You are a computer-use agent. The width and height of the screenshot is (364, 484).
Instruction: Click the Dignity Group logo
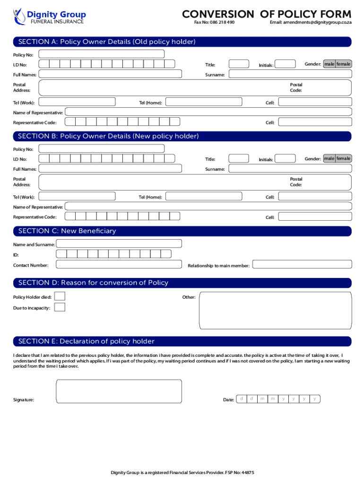(49, 16)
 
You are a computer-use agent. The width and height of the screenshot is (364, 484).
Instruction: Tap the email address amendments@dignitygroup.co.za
(311, 22)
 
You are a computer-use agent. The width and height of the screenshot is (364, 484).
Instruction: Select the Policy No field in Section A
(102, 54)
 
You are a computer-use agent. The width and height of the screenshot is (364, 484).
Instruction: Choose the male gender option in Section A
(329, 64)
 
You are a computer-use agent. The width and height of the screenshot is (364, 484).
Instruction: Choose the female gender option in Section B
(344, 158)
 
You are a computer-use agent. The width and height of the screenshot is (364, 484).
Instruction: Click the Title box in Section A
(239, 64)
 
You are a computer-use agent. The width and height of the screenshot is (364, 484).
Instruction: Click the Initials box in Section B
(285, 159)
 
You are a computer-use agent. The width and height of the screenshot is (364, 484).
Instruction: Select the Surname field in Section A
(290, 74)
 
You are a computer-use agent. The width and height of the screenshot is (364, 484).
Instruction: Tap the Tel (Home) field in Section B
(204, 197)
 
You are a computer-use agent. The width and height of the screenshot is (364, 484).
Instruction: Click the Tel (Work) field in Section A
(77, 102)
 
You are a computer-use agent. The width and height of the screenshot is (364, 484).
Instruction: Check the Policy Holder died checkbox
(60, 296)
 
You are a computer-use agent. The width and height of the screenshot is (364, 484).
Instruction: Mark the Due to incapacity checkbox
(60, 308)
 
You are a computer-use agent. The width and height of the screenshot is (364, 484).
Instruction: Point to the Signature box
(119, 391)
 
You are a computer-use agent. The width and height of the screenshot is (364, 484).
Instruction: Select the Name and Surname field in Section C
(119, 244)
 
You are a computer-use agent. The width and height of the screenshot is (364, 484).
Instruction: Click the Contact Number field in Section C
(119, 265)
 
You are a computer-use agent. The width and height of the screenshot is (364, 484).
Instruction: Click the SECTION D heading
(93, 283)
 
